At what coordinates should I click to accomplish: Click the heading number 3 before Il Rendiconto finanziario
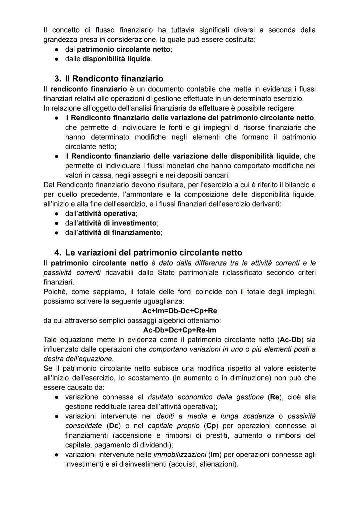click(x=57, y=79)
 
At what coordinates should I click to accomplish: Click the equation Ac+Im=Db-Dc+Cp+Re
click(x=179, y=311)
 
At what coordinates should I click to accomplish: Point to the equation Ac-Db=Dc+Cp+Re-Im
click(x=179, y=330)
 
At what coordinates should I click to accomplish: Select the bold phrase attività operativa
click(x=107, y=214)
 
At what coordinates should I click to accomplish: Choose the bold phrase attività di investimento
click(x=117, y=223)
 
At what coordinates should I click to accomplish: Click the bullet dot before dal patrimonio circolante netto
click(x=57, y=49)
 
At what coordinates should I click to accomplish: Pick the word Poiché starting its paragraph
click(x=55, y=292)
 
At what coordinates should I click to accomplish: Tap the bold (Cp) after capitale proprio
click(x=211, y=426)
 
